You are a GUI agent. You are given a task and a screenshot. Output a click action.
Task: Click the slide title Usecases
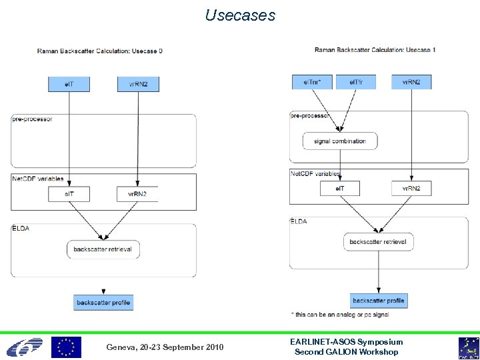pyautogui.click(x=240, y=15)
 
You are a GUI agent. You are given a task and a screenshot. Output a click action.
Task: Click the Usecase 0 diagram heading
pyautogui.click(x=100, y=51)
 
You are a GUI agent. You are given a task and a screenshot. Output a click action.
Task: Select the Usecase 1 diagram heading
pyautogui.click(x=375, y=49)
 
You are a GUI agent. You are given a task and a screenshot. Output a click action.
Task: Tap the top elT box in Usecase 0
pyautogui.click(x=69, y=84)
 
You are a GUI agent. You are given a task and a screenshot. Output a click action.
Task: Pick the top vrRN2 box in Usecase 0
pyautogui.click(x=138, y=84)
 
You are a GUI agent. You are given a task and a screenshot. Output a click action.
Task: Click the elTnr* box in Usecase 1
pyautogui.click(x=312, y=82)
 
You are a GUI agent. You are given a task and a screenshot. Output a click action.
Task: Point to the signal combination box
pyautogui.click(x=340, y=141)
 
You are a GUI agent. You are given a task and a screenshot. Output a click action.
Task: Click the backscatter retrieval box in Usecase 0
pyautogui.click(x=103, y=249)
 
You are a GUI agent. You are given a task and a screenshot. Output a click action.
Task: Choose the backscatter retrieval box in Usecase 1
pyautogui.click(x=378, y=241)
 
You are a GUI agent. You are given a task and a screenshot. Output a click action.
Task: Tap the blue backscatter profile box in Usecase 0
pyautogui.click(x=103, y=303)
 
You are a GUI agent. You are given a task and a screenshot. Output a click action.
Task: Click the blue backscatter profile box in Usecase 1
pyautogui.click(x=378, y=301)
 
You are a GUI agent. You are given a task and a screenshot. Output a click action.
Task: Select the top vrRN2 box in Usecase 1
pyautogui.click(x=411, y=82)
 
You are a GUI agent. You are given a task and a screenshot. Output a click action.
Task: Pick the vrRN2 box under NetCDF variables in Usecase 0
pyautogui.click(x=137, y=194)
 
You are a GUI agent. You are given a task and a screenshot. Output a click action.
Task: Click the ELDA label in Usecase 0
pyautogui.click(x=21, y=228)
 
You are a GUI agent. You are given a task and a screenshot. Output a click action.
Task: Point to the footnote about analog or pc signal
pyautogui.click(x=340, y=313)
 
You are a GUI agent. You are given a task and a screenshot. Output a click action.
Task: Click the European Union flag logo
pyautogui.click(x=67, y=347)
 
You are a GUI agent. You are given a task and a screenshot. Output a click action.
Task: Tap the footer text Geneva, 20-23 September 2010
pyautogui.click(x=165, y=347)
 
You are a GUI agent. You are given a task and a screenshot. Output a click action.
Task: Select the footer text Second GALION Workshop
pyautogui.click(x=346, y=352)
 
